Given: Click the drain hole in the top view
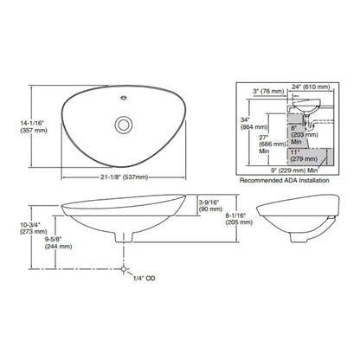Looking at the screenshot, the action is (x=124, y=125).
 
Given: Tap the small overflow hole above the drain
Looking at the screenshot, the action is (x=123, y=98).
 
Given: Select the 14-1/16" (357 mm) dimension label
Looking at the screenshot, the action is (x=34, y=126).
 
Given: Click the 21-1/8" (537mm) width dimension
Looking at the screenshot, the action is (x=125, y=177).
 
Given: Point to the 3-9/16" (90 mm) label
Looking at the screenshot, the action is (x=210, y=205).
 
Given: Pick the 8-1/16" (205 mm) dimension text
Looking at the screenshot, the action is (x=239, y=219).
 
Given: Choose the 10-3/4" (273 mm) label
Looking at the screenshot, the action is (x=33, y=228).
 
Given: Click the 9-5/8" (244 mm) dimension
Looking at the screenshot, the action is (x=58, y=243).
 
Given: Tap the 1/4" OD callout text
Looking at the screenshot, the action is (x=144, y=279).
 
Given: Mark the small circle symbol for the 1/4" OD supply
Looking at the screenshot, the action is (x=124, y=269).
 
